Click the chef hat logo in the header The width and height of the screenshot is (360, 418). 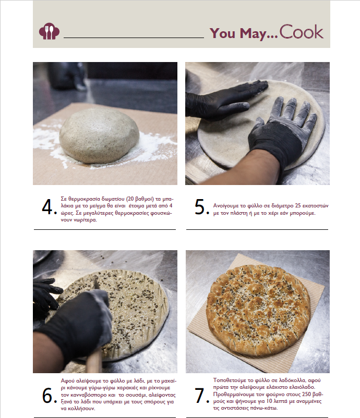coord(49,31)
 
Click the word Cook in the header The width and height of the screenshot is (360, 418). coord(301,32)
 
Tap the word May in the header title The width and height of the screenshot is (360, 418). coord(253,33)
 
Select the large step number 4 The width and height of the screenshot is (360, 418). coord(49,207)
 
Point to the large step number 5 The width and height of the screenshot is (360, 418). coord(201,206)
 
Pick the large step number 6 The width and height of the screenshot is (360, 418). coord(49,396)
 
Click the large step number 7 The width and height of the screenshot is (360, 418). coord(201,396)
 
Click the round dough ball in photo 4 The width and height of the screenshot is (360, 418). coord(99,135)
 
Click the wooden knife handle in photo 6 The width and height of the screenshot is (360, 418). coord(95,361)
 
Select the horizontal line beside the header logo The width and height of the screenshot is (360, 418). coord(134,38)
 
